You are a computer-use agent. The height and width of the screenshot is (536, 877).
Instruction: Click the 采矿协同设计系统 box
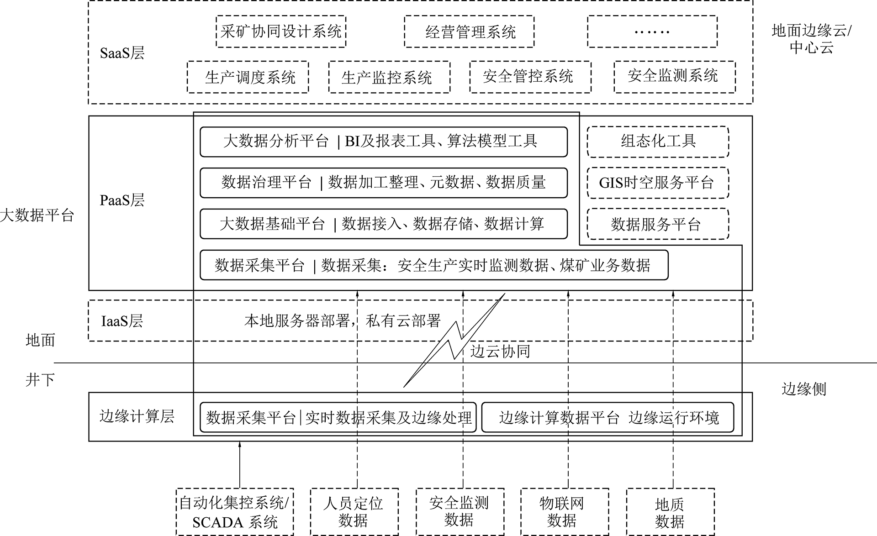pos(281,32)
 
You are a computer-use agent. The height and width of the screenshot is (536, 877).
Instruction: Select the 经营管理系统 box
pos(469,32)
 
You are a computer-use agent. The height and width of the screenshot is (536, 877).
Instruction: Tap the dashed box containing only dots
pos(652,32)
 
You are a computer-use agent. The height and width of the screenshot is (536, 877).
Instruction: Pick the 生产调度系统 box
pos(248,77)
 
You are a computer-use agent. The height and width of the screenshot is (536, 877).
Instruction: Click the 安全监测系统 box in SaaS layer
pos(674,77)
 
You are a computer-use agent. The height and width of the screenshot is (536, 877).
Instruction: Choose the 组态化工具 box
pos(658,142)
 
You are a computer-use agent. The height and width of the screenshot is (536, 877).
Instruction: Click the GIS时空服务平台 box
pos(658,183)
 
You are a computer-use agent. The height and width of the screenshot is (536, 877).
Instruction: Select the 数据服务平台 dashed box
pos(658,224)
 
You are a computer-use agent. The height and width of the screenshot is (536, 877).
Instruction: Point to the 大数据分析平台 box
pos(384,142)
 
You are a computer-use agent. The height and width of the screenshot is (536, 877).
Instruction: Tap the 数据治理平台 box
pos(384,183)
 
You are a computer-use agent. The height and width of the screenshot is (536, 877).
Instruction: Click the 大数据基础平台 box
pos(384,224)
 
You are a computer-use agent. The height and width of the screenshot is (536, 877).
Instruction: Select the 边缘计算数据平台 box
pos(608,417)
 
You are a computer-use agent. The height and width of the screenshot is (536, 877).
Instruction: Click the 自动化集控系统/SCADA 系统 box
pos(235,512)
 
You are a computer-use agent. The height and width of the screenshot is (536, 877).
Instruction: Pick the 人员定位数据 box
pos(354,512)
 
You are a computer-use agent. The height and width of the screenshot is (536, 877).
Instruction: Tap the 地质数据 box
pos(670,512)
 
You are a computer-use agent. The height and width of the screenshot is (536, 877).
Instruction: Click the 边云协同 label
pos(500,351)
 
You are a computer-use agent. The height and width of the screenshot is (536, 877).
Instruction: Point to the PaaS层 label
pos(122,200)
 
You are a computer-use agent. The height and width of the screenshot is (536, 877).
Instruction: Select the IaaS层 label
pos(122,321)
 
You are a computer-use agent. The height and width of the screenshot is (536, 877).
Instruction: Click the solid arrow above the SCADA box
pos(239,464)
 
